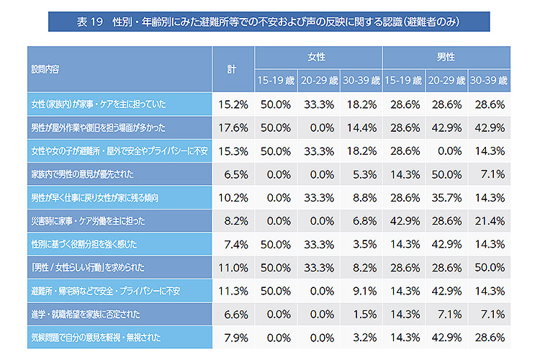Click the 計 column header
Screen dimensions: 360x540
click(x=232, y=69)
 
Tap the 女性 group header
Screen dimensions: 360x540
click(x=318, y=57)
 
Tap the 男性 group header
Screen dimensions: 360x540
click(x=446, y=57)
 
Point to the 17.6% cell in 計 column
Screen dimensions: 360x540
click(x=233, y=127)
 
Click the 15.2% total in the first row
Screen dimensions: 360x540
click(x=233, y=104)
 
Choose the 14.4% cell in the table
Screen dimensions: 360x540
click(x=361, y=127)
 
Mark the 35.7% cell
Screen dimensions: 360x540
click(x=446, y=197)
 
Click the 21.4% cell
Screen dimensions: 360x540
click(x=489, y=220)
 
